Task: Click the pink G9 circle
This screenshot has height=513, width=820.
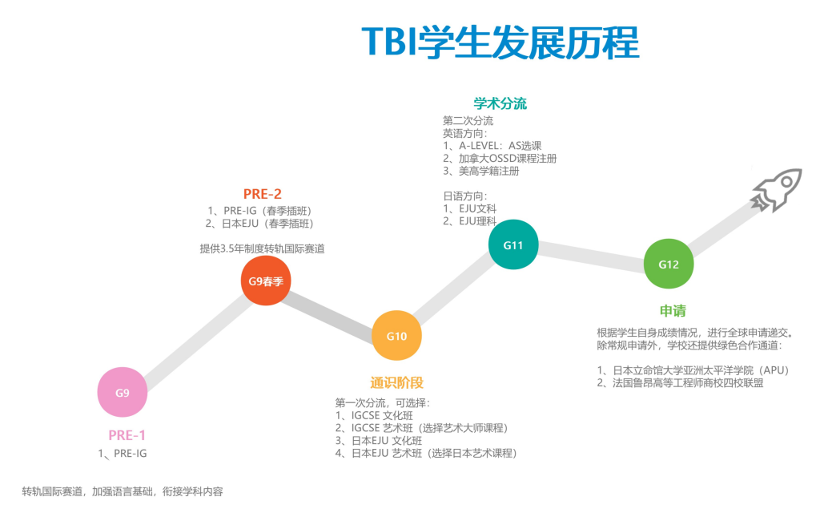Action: click(122, 393)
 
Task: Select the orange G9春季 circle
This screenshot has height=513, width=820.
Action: click(266, 281)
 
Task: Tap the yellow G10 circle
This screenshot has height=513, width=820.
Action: click(396, 336)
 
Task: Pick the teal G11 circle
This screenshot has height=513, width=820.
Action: click(512, 244)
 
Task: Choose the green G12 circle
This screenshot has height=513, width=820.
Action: click(669, 265)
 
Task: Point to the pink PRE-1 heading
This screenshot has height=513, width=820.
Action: click(127, 435)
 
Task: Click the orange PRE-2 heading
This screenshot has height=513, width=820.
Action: click(262, 193)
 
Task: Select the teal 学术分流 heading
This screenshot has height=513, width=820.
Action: click(500, 104)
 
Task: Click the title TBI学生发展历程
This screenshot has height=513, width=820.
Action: click(500, 42)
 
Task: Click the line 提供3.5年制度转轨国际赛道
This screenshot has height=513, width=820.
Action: click(262, 248)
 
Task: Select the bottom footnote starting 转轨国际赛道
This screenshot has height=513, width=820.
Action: click(123, 491)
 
